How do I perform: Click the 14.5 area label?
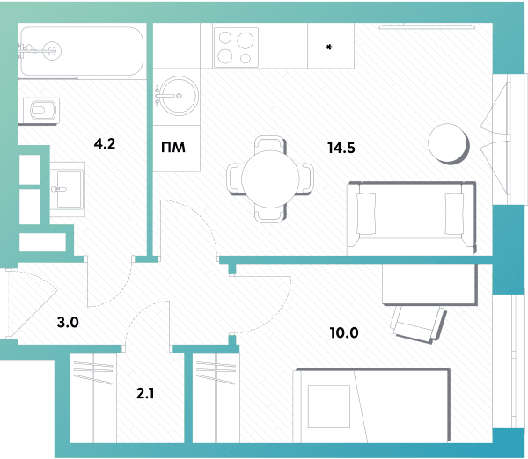pyautogui.click(x=341, y=148)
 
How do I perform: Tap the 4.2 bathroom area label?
pyautogui.click(x=105, y=143)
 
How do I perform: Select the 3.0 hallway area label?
pyautogui.click(x=68, y=322)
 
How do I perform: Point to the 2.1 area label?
pyautogui.click(x=145, y=393)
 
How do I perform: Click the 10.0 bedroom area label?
pyautogui.click(x=344, y=332)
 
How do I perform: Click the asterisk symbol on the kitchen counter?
pyautogui.click(x=329, y=47)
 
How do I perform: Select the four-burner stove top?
pyautogui.click(x=236, y=47)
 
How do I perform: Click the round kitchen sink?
pyautogui.click(x=179, y=96)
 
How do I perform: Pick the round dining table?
pyautogui.click(x=270, y=178)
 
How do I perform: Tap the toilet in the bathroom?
pyautogui.click(x=40, y=110)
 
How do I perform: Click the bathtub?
pyautogui.click(x=82, y=51)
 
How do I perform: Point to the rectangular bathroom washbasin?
pyautogui.click(x=68, y=189)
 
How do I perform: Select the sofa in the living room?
pyautogui.click(x=411, y=218)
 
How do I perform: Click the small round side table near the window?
pyautogui.click(x=448, y=143)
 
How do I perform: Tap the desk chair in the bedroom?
pyautogui.click(x=418, y=324)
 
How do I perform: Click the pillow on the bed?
pyautogui.click(x=329, y=406)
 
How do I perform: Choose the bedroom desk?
pyautogui.click(x=429, y=284)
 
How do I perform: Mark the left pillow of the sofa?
pyautogui.click(x=366, y=214)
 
